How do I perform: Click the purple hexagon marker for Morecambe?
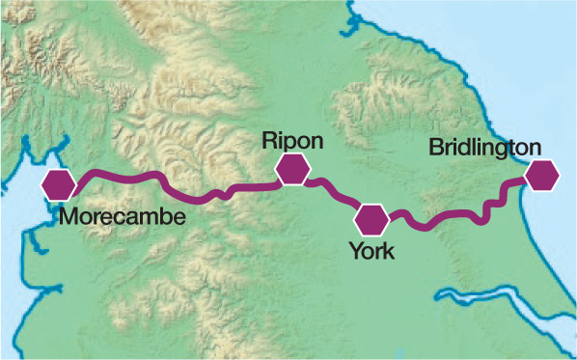tap(60, 182)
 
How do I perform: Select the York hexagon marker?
tap(370, 219)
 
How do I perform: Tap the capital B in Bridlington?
tap(436, 148)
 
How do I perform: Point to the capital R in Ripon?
tap(269, 141)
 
